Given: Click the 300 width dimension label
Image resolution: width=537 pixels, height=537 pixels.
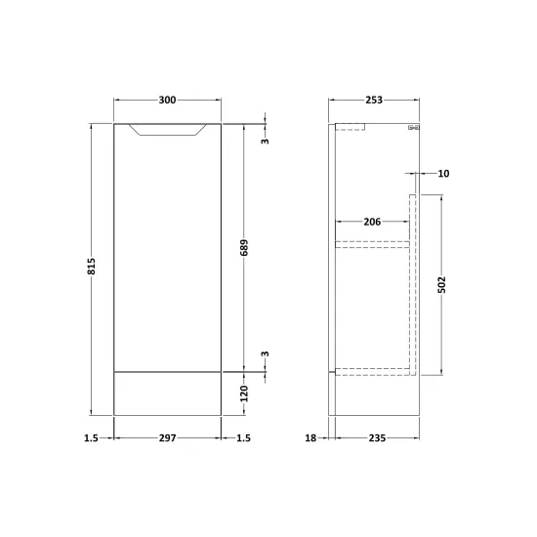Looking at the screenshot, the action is tap(168, 100).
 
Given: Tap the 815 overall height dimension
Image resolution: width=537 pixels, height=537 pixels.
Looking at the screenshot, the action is tap(92, 267).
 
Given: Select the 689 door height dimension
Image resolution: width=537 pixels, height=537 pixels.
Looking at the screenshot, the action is tap(244, 248).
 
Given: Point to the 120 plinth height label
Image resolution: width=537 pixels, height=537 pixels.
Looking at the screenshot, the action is tap(244, 393).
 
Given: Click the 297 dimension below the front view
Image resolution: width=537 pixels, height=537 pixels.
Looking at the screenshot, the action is tap(168, 438).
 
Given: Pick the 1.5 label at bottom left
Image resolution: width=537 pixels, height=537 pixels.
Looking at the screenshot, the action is tap(91, 438).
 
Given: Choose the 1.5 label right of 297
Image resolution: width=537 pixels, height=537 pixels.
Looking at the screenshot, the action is tap(243, 438).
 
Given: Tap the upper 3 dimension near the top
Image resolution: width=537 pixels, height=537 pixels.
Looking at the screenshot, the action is tap(266, 141).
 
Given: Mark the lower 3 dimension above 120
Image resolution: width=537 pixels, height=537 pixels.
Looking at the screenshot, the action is tap(266, 353).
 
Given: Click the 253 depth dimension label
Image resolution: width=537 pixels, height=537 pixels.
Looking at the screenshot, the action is tap(374, 100).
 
